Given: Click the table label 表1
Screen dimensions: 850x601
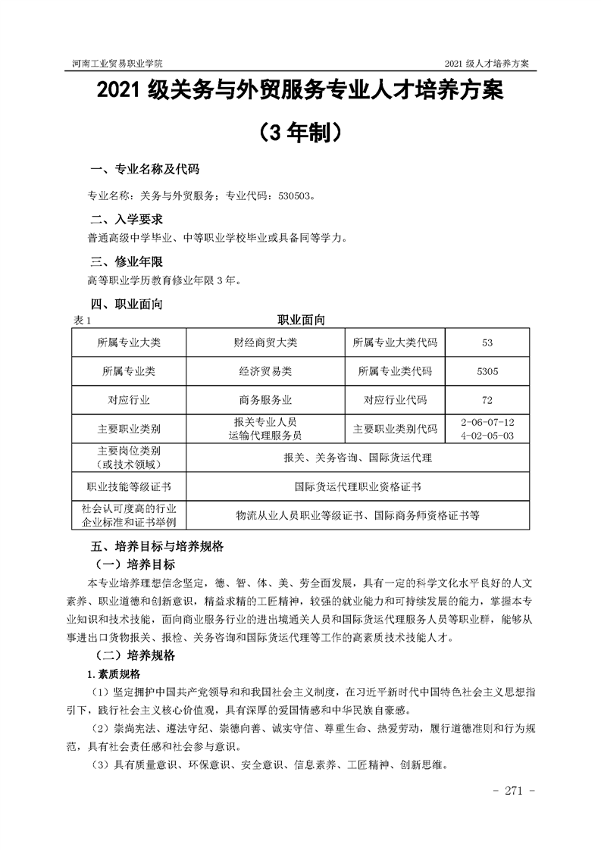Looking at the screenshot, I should coord(80,321).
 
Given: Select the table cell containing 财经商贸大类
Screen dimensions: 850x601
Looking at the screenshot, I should coord(265,342).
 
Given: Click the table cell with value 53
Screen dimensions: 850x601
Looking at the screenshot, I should coord(487,342).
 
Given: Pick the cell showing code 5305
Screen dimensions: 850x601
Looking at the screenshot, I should coord(487,371).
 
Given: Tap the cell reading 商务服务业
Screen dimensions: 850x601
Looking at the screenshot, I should coord(265,400).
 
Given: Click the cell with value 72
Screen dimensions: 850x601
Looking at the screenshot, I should coord(487,400).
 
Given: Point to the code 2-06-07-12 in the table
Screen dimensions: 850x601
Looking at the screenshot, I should coord(487,421).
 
